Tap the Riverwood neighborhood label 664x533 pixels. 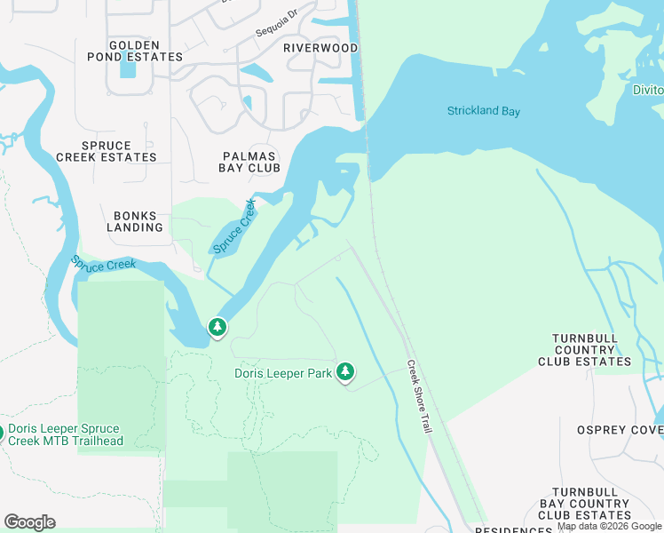pyautogui.click(x=320, y=48)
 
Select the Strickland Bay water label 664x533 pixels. pyautogui.click(x=483, y=111)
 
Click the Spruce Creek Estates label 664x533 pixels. pyautogui.click(x=107, y=151)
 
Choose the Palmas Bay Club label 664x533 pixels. pyautogui.click(x=250, y=162)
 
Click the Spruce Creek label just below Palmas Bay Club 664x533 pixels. pyautogui.click(x=234, y=227)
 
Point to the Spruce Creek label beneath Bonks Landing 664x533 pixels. pyautogui.click(x=104, y=265)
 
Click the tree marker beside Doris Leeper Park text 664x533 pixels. pyautogui.click(x=344, y=372)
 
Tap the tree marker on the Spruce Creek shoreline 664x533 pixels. pyautogui.click(x=217, y=328)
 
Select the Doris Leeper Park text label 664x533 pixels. pyautogui.click(x=282, y=373)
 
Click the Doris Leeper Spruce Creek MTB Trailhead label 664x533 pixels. pyautogui.click(x=64, y=434)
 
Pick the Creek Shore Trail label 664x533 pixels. pyautogui.click(x=418, y=396)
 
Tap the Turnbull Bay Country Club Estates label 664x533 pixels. pyautogui.click(x=590, y=503)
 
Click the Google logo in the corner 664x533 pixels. pyautogui.click(x=29, y=522)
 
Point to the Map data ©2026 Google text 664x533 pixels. pyautogui.click(x=609, y=527)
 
